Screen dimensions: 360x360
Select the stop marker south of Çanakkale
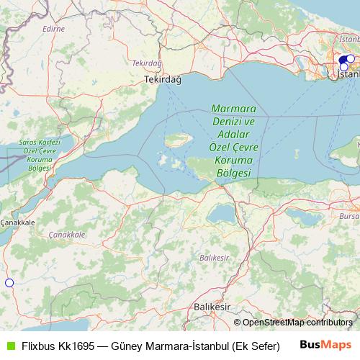pyautogui.click(x=9, y=283)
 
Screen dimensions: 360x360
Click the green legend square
pyautogui.click(x=9, y=346)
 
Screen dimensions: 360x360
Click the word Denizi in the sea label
pyautogui.click(x=232, y=123)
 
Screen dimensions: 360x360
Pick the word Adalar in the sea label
pyautogui.click(x=232, y=135)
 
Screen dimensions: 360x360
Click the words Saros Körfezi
pyautogui.click(x=40, y=143)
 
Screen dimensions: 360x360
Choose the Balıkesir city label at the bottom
pyautogui.click(x=212, y=307)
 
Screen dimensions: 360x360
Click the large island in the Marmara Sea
pyautogui.click(x=176, y=138)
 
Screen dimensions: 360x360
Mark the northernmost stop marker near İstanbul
pyautogui.click(x=351, y=59)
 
